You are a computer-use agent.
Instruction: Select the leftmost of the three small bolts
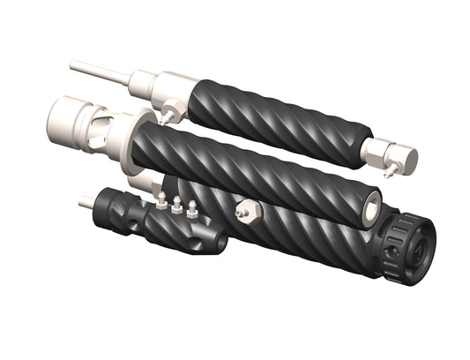(161, 201)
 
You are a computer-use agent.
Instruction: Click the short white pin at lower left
(86, 203)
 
